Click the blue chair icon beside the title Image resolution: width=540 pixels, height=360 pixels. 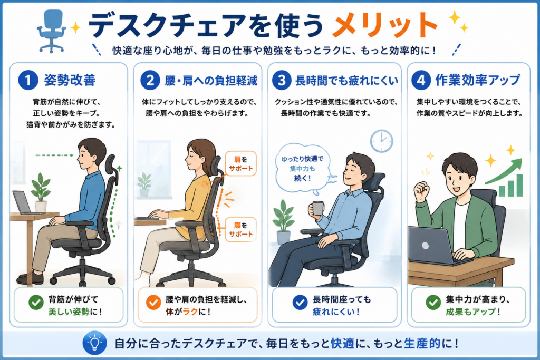(51, 31)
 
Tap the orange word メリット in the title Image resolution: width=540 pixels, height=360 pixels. (384, 25)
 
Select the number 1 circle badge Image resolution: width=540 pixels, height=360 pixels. (28, 80)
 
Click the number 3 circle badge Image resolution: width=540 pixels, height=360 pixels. (282, 80)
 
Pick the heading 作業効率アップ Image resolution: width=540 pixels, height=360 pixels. (477, 80)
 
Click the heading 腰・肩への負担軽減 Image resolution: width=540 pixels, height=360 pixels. (211, 81)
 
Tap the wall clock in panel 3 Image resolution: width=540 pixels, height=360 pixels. (382, 141)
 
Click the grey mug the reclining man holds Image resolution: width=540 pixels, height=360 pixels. (317, 209)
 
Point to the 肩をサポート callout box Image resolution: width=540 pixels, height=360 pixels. (240, 164)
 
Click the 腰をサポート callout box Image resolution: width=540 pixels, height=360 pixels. (240, 230)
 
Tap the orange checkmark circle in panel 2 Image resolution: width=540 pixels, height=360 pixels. (153, 303)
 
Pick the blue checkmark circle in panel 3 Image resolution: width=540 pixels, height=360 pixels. (300, 303)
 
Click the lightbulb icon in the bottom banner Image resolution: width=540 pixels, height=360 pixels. (94, 343)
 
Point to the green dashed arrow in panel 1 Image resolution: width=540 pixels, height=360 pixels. (55, 155)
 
